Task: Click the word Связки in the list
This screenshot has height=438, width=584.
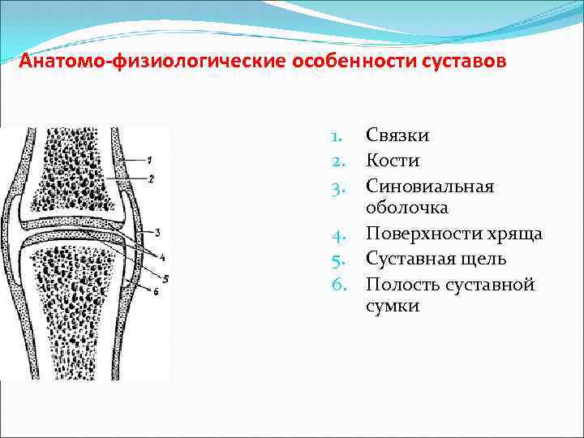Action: point(397,135)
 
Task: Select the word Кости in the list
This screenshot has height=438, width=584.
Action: point(393,161)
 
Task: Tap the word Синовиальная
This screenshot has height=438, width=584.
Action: point(430,186)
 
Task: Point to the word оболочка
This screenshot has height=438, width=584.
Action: point(407,209)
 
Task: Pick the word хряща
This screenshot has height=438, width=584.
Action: point(513,234)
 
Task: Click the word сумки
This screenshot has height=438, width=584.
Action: point(393,307)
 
